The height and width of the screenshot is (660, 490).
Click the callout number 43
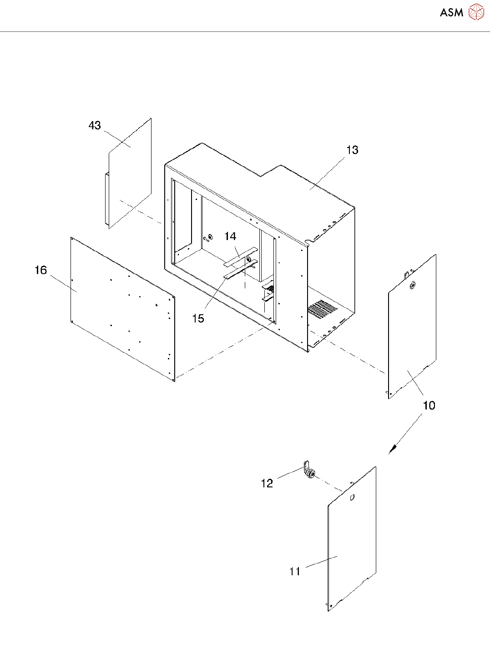click(x=95, y=126)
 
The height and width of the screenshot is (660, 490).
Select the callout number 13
click(x=352, y=150)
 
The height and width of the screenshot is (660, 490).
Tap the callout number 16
click(x=41, y=271)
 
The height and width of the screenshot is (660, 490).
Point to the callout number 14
click(x=230, y=236)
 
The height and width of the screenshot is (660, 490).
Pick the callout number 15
click(x=198, y=318)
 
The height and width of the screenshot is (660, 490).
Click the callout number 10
click(x=429, y=405)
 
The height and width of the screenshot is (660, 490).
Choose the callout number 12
click(x=267, y=483)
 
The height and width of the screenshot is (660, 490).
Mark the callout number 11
click(x=295, y=571)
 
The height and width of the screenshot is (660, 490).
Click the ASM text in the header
click(x=451, y=13)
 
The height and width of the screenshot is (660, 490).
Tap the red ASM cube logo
click(x=476, y=12)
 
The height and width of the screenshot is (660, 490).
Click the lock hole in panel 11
click(x=352, y=498)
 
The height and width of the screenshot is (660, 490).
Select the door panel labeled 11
click(x=353, y=547)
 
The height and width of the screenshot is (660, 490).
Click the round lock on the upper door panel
click(x=413, y=286)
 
